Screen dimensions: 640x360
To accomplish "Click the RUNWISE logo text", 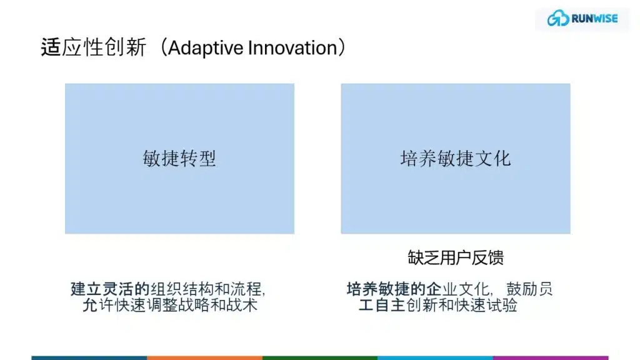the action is (595, 18).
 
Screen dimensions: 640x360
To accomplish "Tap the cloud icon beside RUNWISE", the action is (558, 18).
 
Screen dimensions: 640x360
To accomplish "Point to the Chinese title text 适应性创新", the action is (94, 47).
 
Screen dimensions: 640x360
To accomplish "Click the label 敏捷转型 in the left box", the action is (179, 158).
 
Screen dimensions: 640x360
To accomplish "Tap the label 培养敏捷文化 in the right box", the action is (456, 158).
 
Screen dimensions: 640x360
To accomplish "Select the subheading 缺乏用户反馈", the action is (456, 257).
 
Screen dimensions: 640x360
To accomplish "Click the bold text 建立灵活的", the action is (110, 289).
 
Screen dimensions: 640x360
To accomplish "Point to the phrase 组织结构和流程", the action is (206, 289).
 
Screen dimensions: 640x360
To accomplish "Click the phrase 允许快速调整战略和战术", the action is (170, 305).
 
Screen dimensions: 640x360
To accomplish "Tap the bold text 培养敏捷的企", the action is (394, 289).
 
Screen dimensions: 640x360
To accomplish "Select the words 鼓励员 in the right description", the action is (529, 289).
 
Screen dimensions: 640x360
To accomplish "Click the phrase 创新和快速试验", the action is (462, 305).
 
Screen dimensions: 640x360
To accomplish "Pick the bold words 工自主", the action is (382, 305).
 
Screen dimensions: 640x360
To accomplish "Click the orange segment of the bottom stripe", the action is (204, 358).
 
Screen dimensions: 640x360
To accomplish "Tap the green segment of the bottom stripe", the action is (320, 358).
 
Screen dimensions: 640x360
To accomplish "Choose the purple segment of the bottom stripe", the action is (551, 358).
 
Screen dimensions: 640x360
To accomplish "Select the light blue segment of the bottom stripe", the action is (435, 358).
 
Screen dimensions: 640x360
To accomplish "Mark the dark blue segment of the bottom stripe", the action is (89, 358).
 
